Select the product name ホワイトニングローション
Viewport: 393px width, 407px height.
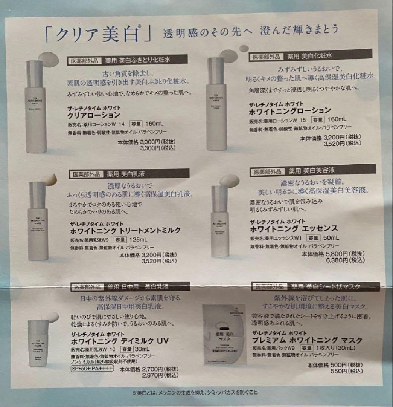[x=290, y=111]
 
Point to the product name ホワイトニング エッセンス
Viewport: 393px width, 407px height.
[x=294, y=229]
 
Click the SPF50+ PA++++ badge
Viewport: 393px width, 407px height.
[x=92, y=368]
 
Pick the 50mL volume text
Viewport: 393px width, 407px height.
[x=331, y=238]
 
